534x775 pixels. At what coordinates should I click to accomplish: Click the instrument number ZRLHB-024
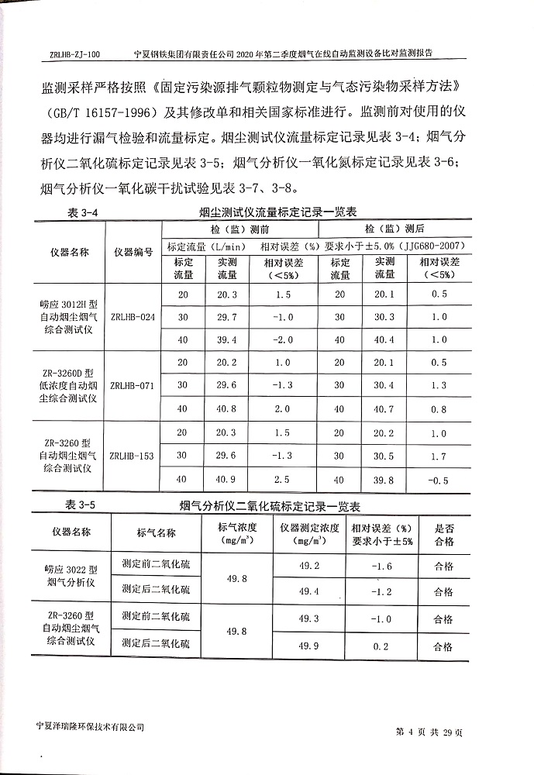(x=133, y=317)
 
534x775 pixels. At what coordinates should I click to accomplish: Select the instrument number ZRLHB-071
(x=133, y=385)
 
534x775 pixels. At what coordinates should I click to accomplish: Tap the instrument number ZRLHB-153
(x=133, y=456)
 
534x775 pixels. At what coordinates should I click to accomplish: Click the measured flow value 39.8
(x=385, y=480)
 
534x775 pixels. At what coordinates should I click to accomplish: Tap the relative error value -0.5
(x=439, y=480)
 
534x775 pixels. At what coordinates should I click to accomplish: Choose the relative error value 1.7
(x=439, y=456)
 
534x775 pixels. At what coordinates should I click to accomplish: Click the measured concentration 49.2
(x=309, y=565)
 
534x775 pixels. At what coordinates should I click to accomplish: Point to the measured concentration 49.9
(x=309, y=645)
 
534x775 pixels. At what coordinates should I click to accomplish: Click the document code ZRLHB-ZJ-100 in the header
(x=74, y=54)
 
